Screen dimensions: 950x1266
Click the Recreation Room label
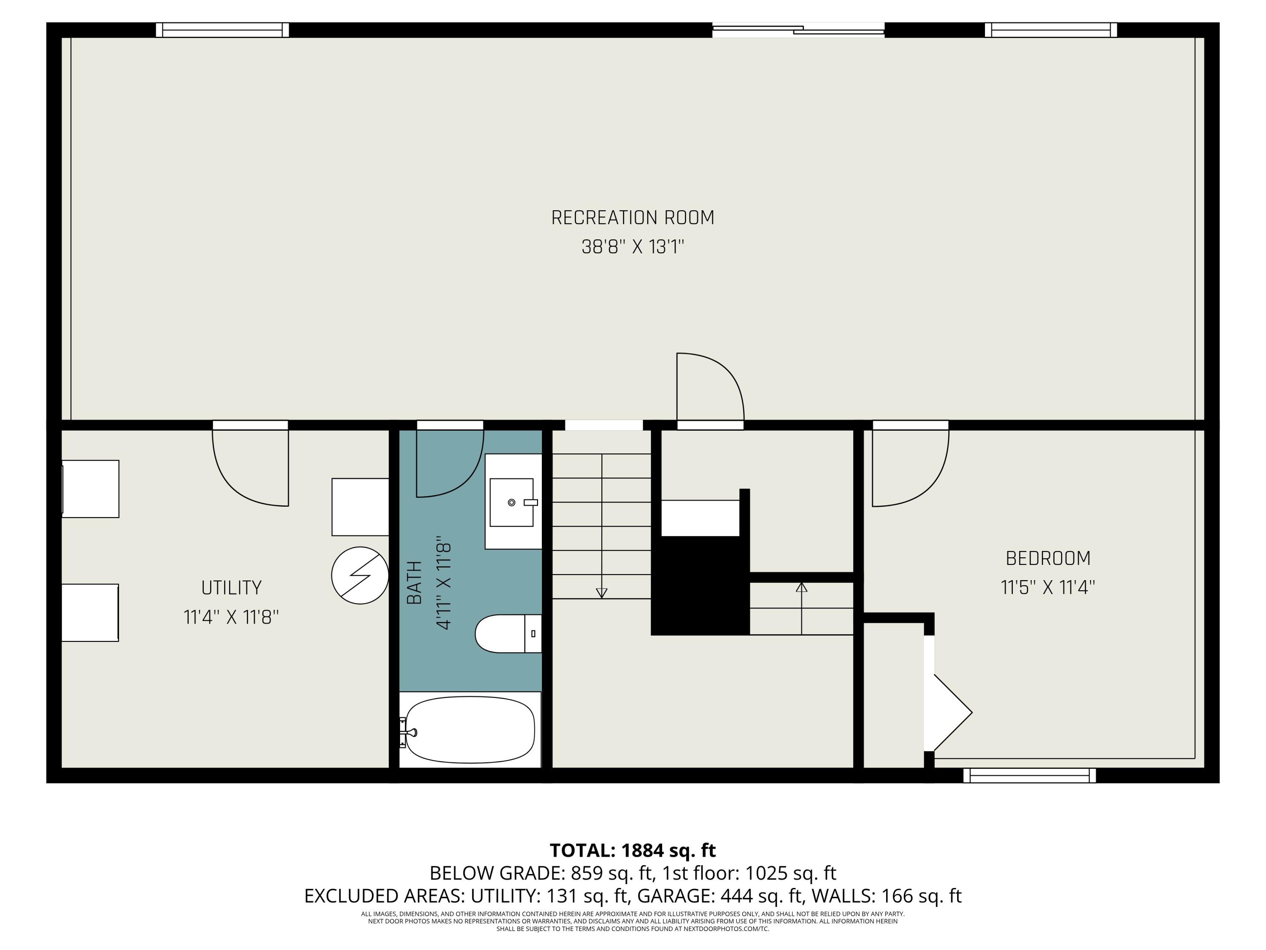coord(633,217)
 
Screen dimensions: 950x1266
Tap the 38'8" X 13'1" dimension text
coord(633,247)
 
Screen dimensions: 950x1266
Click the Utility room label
coord(231,588)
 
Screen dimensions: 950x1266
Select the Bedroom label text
coord(1047,558)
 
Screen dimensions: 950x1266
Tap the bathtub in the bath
coord(469,730)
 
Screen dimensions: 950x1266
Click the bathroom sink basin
coord(511,502)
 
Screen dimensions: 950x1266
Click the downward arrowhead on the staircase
coord(601,593)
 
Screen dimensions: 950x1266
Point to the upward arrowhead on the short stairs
coord(801,587)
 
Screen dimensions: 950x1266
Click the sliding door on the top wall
coord(798,30)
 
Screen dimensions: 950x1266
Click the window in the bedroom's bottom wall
coord(1029,775)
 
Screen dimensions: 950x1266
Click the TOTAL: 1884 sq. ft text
coord(633,850)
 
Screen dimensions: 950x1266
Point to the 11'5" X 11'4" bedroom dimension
coord(1047,588)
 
